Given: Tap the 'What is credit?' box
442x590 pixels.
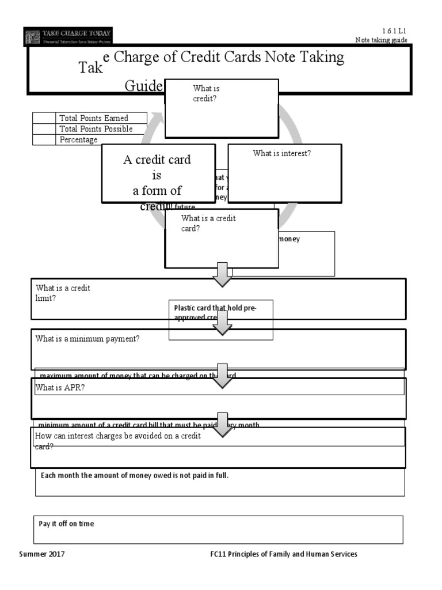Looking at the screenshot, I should [x=222, y=108].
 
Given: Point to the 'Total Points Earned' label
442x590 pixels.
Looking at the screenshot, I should [x=94, y=118].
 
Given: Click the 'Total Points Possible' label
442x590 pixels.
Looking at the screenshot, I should [x=96, y=129].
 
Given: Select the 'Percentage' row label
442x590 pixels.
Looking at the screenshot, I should [x=78, y=140].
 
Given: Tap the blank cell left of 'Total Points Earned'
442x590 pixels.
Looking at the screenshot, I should [x=43, y=118].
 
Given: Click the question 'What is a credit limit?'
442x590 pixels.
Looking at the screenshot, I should [x=63, y=293].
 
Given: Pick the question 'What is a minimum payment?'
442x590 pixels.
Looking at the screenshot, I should [x=87, y=339].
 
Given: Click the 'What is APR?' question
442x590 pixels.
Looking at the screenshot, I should [x=60, y=388].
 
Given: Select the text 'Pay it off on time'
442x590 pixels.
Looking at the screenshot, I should [x=66, y=524].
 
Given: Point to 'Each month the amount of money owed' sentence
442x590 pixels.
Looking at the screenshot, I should [x=138, y=475].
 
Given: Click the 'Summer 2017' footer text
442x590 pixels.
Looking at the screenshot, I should [x=42, y=554].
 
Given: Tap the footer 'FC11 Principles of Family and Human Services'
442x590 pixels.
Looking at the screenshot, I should [x=284, y=554].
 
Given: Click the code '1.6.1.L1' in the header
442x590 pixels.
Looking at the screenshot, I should [x=394, y=31].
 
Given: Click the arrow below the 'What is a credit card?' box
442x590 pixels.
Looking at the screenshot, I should [x=222, y=274].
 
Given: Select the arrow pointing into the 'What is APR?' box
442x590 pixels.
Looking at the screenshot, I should [x=222, y=375].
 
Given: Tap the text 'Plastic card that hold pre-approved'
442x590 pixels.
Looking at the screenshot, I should [x=215, y=308].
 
